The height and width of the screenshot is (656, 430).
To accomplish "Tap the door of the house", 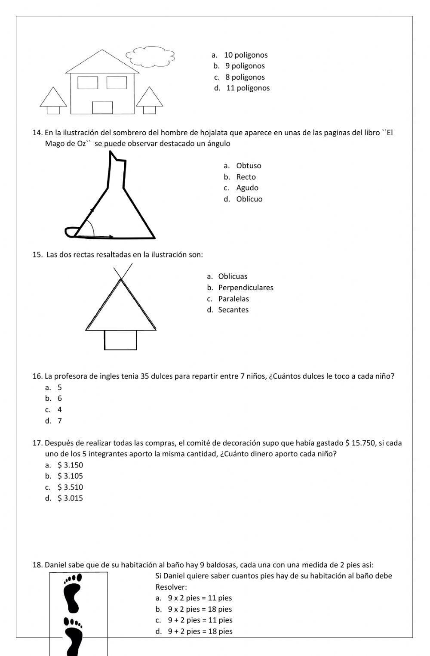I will click(102, 108).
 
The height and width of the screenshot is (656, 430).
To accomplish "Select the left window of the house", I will click(88, 82).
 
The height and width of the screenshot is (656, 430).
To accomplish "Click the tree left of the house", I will click(53, 100).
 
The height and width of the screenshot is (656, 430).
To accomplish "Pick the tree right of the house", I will click(150, 100).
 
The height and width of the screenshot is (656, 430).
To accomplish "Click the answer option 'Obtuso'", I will click(249, 166).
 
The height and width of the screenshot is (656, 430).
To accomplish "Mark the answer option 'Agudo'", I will click(247, 188).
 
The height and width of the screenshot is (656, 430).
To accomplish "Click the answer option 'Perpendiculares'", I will click(246, 288).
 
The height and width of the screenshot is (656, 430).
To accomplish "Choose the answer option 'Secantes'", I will click(233, 310).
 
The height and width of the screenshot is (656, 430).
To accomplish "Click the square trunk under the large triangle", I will click(120, 340).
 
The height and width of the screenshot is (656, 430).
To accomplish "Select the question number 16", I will click(37, 376).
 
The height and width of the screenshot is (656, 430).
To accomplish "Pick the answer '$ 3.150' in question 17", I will click(70, 465).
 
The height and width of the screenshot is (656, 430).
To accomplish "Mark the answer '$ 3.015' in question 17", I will click(70, 498).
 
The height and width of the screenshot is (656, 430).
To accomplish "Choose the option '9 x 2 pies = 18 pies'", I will click(200, 609).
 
